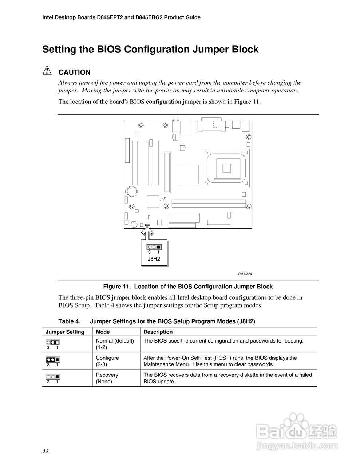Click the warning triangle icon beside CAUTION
pyautogui.click(x=47, y=71)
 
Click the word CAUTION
pyautogui.click(x=74, y=72)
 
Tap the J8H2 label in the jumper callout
pyautogui.click(x=154, y=259)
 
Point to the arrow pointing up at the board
pyautogui.click(x=146, y=232)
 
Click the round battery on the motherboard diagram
pyautogui.click(x=131, y=190)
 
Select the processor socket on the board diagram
pyautogui.click(x=226, y=167)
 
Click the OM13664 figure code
pyautogui.click(x=245, y=274)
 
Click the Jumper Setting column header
pyautogui.click(x=65, y=332)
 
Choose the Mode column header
pyautogui.click(x=103, y=332)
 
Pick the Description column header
pyautogui.click(x=158, y=332)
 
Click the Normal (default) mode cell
pyautogui.click(x=115, y=344)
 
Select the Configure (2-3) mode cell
pyautogui.click(x=107, y=361)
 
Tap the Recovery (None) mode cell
pyautogui.click(x=107, y=378)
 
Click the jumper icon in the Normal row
pyautogui.click(x=53, y=343)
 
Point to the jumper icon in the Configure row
pyautogui.click(x=53, y=359)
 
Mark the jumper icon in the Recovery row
pyautogui.click(x=53, y=376)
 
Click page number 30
pyautogui.click(x=46, y=451)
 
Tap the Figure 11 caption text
pyautogui.click(x=188, y=287)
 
